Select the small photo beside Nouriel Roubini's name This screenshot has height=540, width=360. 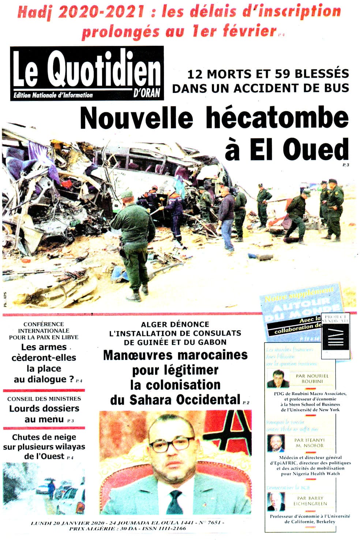coord(275,379)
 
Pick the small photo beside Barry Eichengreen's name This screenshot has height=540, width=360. coord(275,502)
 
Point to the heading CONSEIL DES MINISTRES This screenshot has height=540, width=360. coord(44,398)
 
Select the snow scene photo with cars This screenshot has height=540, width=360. coord(44,488)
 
